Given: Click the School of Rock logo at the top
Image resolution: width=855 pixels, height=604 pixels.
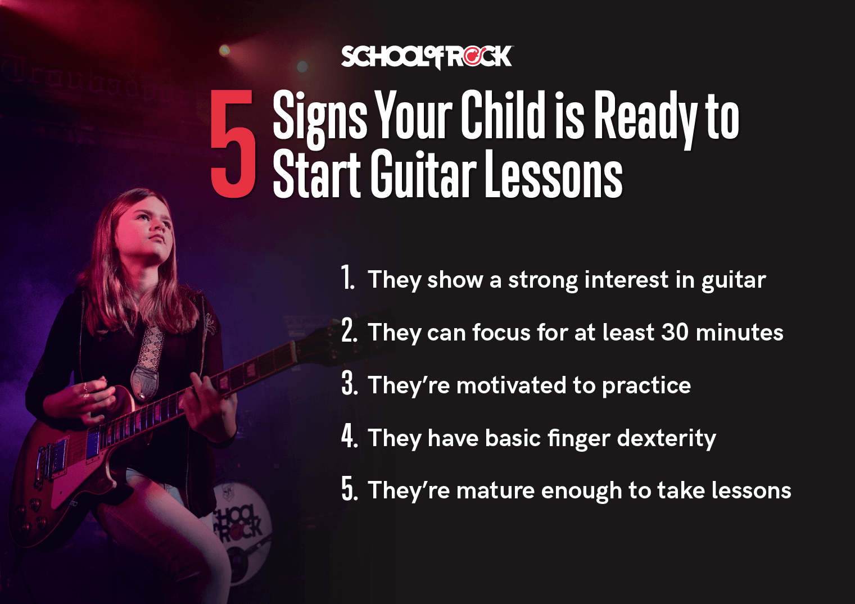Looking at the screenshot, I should pyautogui.click(x=427, y=57).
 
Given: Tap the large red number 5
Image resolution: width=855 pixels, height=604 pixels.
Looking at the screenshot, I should pyautogui.click(x=233, y=144).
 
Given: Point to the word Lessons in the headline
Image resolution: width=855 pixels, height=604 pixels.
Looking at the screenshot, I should pyautogui.click(x=553, y=175).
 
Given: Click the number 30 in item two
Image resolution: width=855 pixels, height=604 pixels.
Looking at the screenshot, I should pyautogui.click(x=675, y=332).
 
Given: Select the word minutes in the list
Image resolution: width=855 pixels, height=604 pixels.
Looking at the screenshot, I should pyautogui.click(x=739, y=332).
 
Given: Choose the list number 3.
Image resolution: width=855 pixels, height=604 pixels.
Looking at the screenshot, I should pyautogui.click(x=349, y=384).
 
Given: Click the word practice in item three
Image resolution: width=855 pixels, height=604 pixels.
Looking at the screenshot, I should pyautogui.click(x=646, y=386).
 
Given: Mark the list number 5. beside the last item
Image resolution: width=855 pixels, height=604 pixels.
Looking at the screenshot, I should pyautogui.click(x=349, y=489).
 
